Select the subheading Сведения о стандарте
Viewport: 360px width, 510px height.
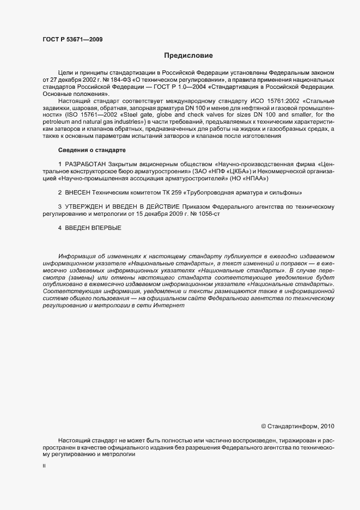point(92,149)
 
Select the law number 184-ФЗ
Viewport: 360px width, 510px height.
point(106,80)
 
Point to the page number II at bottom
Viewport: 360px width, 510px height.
point(44,466)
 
